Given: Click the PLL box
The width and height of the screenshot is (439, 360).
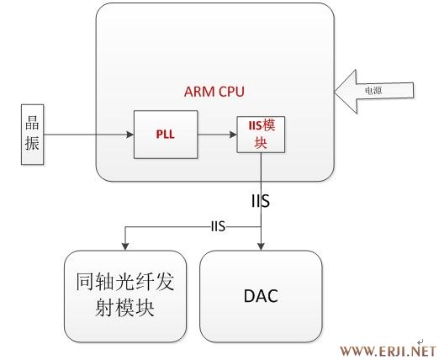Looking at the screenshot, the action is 166,135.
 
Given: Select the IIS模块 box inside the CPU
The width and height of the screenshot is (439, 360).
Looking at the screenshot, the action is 261,135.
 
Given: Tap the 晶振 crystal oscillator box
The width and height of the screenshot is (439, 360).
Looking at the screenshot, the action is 33,135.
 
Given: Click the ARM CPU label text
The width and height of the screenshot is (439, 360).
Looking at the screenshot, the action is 214,92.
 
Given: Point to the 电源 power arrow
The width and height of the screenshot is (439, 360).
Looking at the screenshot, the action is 373,92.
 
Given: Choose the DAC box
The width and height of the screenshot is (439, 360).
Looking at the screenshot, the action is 261,296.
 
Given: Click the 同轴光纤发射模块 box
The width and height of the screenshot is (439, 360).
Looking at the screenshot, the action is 125,296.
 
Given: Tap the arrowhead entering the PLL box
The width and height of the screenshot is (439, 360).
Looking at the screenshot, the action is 130,135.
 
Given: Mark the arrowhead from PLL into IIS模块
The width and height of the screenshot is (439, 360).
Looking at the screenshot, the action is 233,135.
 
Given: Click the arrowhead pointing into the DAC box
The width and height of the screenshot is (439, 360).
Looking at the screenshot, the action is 261,246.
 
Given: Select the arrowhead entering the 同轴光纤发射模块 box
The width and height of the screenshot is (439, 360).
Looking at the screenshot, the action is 125,246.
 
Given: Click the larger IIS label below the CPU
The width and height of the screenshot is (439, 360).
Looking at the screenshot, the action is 261,201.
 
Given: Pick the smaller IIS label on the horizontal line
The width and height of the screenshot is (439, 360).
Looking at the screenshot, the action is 218,226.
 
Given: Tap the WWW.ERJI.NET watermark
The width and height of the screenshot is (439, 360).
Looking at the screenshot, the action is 389,352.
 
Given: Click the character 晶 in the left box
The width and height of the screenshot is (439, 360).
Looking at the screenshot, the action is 32,122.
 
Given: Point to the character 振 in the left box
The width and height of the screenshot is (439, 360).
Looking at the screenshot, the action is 32,143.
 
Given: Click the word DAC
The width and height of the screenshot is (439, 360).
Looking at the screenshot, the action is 261,296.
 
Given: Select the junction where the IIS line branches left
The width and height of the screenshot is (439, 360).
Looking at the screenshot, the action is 261,227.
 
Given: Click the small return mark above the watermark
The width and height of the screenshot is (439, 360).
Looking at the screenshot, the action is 420,341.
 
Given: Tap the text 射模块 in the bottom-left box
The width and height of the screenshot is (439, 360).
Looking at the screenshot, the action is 125,308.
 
